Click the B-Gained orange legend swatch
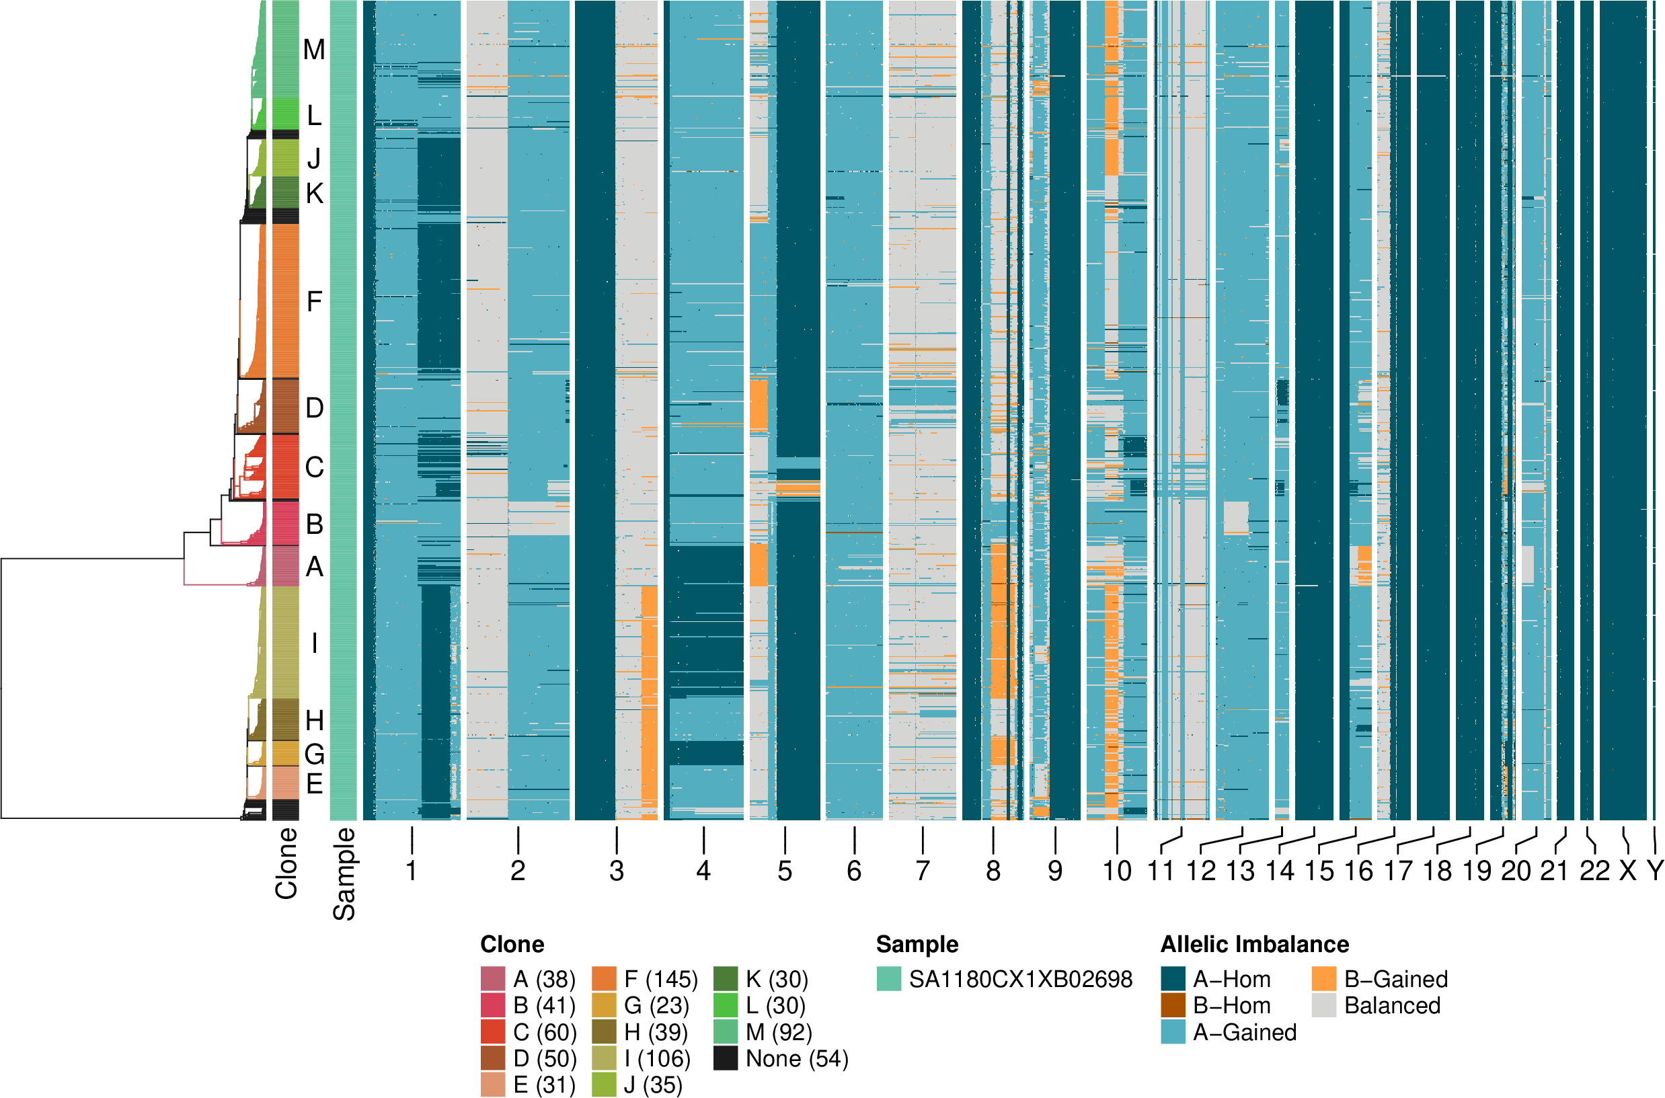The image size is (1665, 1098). coord(1323,978)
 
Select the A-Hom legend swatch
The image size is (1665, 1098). coord(1173,978)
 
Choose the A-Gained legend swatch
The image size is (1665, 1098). coord(1173,1031)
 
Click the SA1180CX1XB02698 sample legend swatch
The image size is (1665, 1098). coord(888,978)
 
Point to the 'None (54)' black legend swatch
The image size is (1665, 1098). coord(726,1058)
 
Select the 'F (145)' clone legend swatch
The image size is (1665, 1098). coord(604,978)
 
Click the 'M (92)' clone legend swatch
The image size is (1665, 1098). coord(726,1031)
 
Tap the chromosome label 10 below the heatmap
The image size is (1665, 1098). coord(1117,871)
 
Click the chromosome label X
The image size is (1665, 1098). coord(1628,871)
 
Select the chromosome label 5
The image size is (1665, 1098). coord(785,871)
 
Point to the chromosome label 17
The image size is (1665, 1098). coord(1398,871)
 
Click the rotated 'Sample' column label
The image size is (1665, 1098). coord(344,873)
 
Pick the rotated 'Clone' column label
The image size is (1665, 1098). coord(286,863)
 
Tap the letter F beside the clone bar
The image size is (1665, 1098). coord(315,302)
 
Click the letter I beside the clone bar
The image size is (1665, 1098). coord(315,642)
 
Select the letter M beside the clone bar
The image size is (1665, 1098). coord(315,50)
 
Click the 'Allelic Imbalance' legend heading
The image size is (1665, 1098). coord(1255,944)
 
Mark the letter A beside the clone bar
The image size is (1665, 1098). coord(315,567)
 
